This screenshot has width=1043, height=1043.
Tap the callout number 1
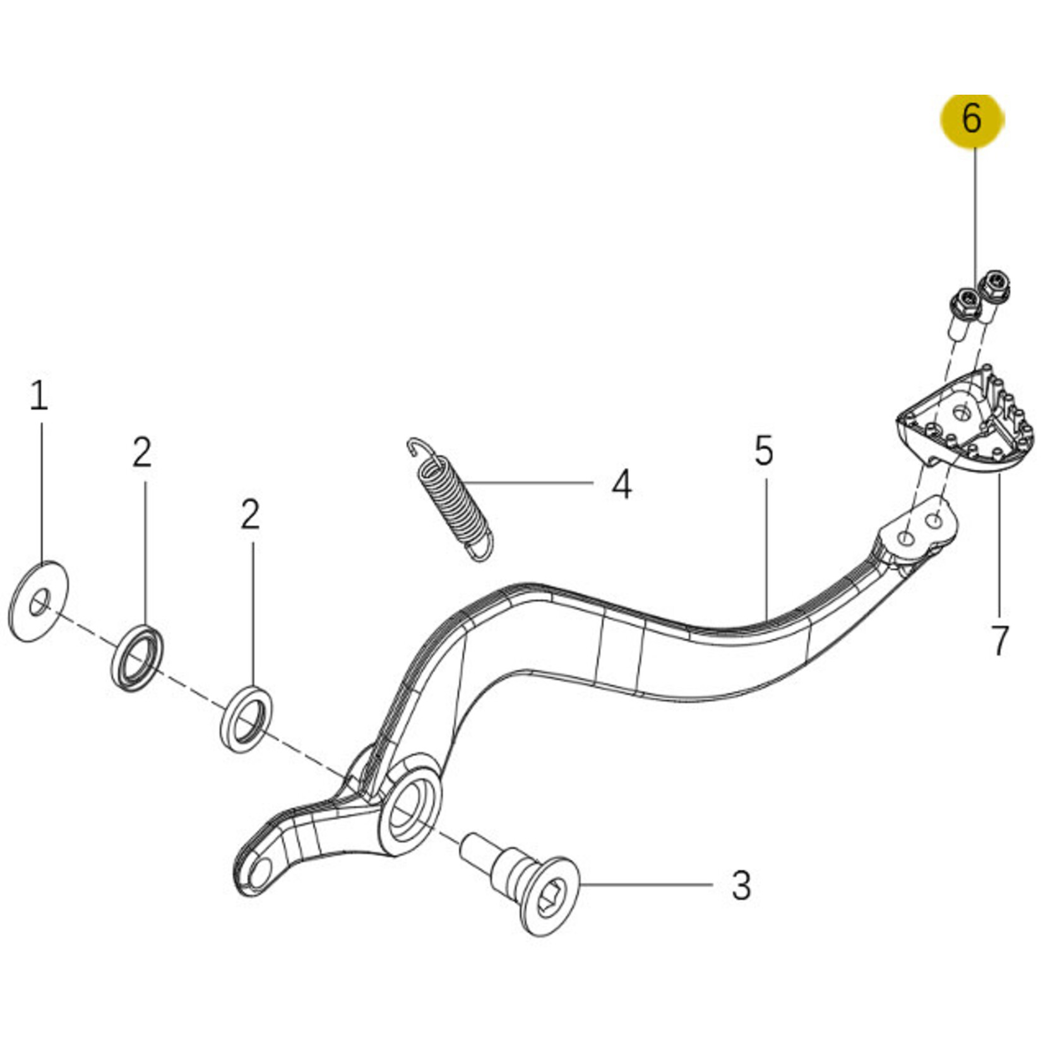tap(39, 396)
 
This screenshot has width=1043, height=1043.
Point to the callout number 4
tap(622, 484)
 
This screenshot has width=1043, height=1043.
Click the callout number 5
tap(763, 450)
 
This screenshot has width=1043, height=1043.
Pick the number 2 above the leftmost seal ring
tap(142, 453)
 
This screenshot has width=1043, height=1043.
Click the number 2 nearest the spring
tap(250, 515)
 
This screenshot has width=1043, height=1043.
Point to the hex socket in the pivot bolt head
tap(547, 897)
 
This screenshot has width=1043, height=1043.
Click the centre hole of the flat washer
tap(39, 603)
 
